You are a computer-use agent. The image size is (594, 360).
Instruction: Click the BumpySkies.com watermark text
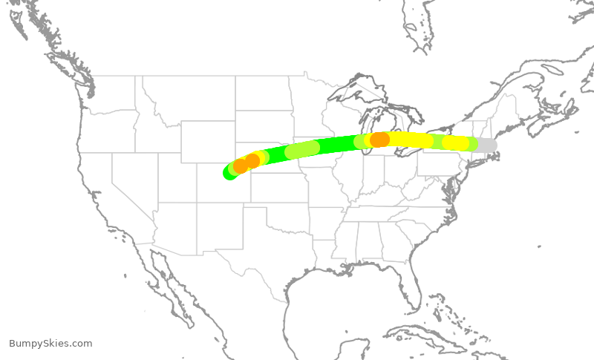50,344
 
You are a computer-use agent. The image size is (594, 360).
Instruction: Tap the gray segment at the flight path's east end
486,145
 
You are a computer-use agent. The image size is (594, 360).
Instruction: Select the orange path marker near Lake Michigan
379,140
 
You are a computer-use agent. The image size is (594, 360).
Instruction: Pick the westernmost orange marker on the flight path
241,166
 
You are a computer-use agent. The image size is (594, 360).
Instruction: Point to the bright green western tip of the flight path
229,173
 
